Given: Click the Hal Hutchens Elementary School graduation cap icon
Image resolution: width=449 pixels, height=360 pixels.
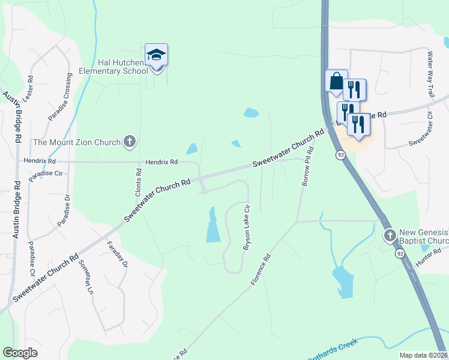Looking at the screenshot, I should pos(156,55).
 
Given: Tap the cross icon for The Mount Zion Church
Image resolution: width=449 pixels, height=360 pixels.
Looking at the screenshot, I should pos(129,142).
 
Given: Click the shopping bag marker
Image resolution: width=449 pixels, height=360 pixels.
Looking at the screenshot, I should pos(336,80).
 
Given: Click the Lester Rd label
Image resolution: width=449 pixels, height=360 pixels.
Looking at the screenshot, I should pos(27,91).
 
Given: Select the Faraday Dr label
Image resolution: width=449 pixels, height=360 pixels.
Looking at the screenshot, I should pos(117,254).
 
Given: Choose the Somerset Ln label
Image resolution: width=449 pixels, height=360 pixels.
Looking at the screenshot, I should pos(85,280).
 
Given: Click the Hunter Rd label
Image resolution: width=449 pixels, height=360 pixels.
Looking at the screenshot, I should pos(428,259).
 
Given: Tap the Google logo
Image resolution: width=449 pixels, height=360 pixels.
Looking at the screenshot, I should pos(20,353).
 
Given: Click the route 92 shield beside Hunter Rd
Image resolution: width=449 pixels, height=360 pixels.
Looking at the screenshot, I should pos(400,254).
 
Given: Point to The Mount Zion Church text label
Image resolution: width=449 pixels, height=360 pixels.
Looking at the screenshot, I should pos(76,142).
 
